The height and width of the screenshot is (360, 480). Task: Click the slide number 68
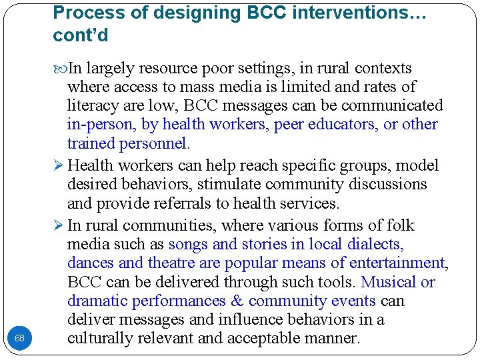click(x=19, y=339)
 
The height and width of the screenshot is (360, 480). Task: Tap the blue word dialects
click(x=373, y=245)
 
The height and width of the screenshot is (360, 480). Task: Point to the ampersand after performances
click(x=236, y=301)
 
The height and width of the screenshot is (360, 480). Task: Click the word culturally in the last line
click(x=98, y=339)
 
